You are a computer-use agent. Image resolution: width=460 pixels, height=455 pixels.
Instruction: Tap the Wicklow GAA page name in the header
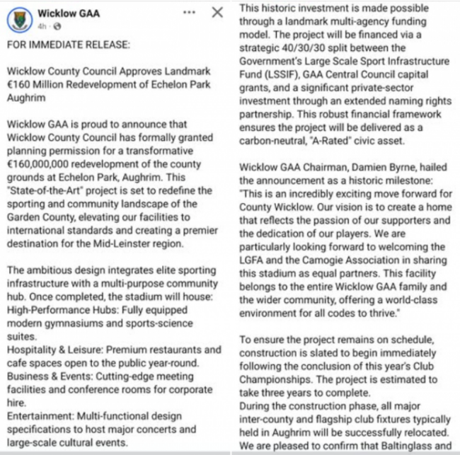point(69,13)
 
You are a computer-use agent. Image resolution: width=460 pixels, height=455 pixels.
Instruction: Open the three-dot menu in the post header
point(190,13)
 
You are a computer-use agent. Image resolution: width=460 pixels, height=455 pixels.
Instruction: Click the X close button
point(218,13)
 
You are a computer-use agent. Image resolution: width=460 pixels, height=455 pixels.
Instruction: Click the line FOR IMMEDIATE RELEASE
point(69,45)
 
